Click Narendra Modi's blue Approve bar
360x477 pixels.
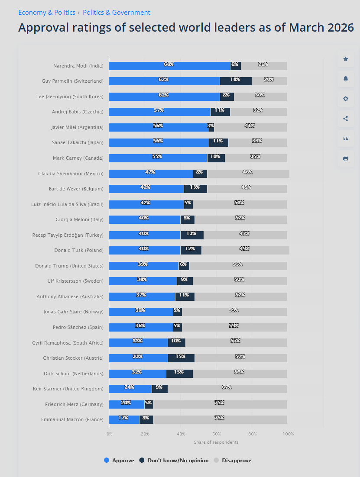(x=169, y=66)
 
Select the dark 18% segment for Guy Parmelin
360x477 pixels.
(x=236, y=81)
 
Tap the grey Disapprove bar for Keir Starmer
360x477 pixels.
(x=227, y=389)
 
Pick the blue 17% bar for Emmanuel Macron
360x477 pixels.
(x=124, y=419)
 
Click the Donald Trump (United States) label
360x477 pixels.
(x=69, y=266)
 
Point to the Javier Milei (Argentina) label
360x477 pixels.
(x=77, y=127)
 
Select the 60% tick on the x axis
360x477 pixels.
(x=217, y=434)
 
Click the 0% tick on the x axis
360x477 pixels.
(x=110, y=434)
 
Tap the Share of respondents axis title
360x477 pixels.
(x=216, y=442)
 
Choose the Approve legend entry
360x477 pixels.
(x=119, y=461)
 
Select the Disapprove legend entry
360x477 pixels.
(x=233, y=461)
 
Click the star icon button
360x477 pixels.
(x=345, y=59)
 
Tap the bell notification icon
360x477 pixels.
(x=345, y=79)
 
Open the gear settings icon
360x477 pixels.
(x=345, y=99)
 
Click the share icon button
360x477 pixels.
(x=345, y=119)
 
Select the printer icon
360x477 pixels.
(x=345, y=158)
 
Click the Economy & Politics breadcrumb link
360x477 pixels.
(x=47, y=13)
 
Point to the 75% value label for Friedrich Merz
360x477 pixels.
(x=219, y=403)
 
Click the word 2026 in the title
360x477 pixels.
(x=338, y=28)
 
